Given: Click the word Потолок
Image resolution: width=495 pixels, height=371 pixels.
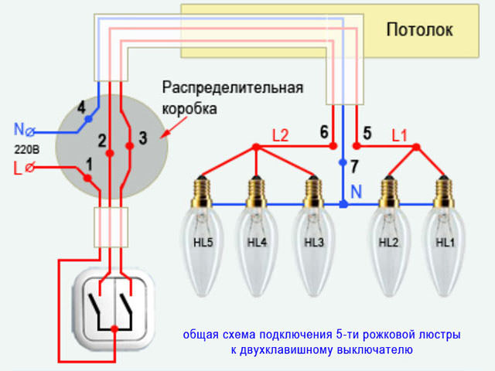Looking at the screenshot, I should coord(420,30).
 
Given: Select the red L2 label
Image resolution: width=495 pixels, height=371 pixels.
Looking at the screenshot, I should coord(280,135).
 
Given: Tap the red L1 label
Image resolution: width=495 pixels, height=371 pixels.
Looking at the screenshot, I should coord(400,134).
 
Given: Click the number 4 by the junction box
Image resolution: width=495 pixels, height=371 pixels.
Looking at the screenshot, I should coord(80,109).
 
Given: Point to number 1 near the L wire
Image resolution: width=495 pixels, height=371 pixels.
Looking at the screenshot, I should coord(89,163).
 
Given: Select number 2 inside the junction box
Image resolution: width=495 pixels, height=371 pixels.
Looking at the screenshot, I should coord(102,140).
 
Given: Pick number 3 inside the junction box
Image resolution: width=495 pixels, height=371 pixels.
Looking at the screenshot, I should coord(142,139).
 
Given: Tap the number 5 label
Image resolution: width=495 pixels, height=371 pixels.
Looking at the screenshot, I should coord(367,133).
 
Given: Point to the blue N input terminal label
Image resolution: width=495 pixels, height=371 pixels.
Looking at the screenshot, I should coord(19,128).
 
